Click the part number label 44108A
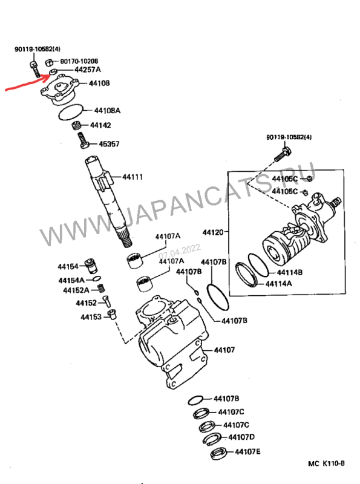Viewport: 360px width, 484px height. click(107, 111)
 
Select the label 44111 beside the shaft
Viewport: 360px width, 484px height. click(133, 177)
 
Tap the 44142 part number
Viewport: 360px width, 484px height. click(100, 125)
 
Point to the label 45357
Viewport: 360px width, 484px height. click(109, 144)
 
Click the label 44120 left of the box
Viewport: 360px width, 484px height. click(212, 232)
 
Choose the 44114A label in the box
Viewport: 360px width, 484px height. click(278, 283)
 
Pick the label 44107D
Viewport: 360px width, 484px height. click(241, 437)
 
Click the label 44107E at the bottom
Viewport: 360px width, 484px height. click(247, 452)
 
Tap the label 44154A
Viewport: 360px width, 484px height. click(71, 280)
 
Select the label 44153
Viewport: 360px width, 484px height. click(91, 317)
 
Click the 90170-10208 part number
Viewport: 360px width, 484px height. click(79, 62)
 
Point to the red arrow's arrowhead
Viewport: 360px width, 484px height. click(50, 75)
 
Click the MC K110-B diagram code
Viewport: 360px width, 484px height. click(326, 463)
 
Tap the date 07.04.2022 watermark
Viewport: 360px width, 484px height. click(180, 252)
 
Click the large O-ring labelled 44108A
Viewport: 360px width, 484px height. click(71, 113)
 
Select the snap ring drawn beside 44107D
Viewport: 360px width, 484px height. click(212, 440)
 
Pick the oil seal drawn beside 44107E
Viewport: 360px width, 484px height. click(218, 453)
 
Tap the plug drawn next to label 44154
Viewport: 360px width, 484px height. click(91, 265)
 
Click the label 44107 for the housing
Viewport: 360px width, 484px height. click(224, 350)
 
